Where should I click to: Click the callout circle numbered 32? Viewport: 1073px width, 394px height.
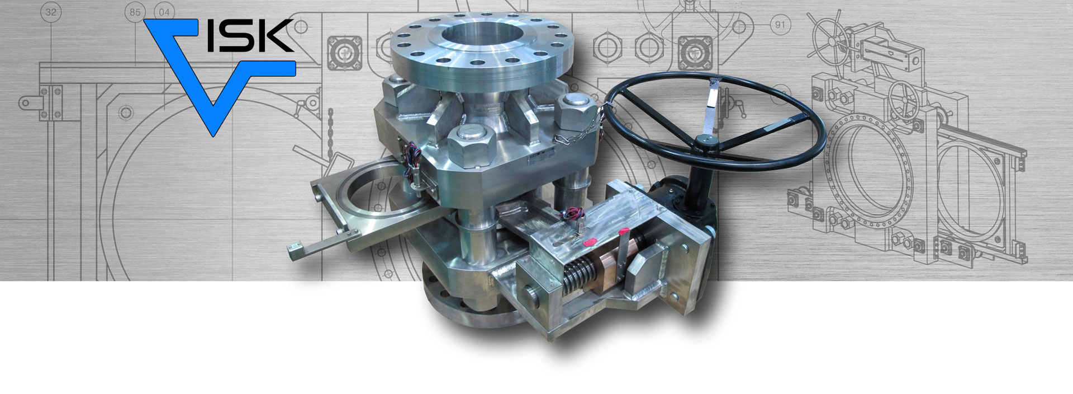click(x=51, y=12)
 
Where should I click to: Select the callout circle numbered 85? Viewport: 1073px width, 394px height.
click(x=135, y=11)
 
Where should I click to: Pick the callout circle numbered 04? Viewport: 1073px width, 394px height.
click(x=165, y=11)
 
